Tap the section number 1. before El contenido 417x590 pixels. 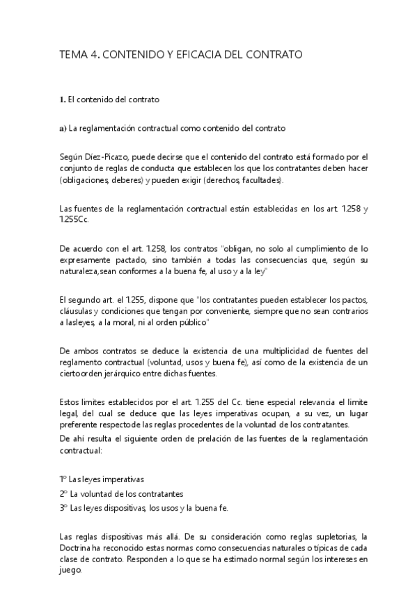coord(63,99)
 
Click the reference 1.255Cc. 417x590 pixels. coord(74,219)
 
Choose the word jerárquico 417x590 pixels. coord(123,374)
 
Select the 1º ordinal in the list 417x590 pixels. coord(63,480)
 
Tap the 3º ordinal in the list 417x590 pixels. coord(63,507)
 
